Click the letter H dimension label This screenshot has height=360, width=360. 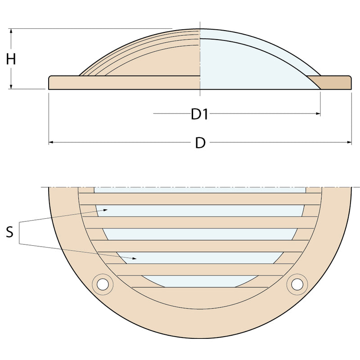[x=11, y=59]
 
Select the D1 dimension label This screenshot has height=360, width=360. [x=199, y=114]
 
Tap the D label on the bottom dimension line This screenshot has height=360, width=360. [x=200, y=143]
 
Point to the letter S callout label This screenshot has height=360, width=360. [x=9, y=232]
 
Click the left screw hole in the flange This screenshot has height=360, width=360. [x=103, y=284]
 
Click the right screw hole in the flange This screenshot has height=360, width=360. [x=297, y=284]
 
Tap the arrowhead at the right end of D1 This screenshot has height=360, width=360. [x=318, y=113]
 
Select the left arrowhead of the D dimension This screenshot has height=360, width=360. [x=51, y=142]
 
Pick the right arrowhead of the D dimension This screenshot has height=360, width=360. [x=349, y=142]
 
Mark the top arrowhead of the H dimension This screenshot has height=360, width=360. [x=11, y=31]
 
